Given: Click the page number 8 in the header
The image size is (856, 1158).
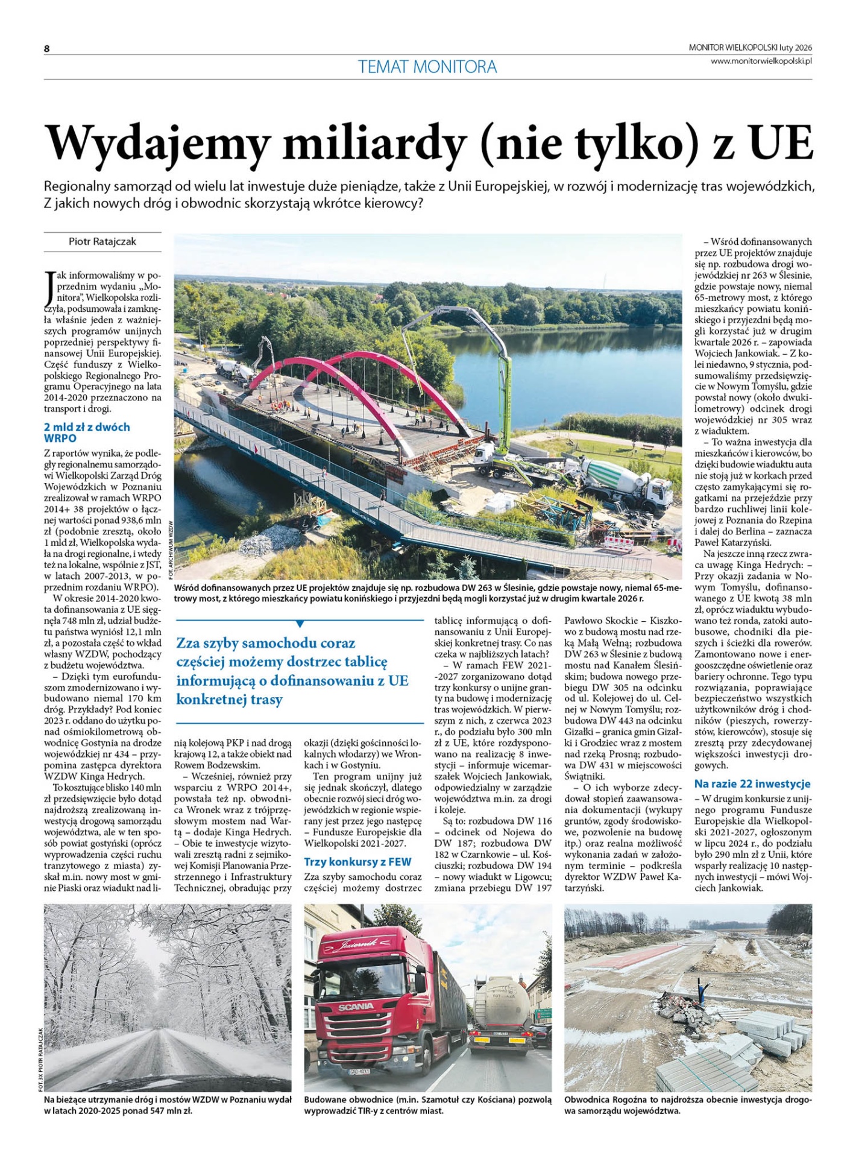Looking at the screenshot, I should tap(46, 49).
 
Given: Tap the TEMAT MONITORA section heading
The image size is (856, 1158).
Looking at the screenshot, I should tap(427, 66).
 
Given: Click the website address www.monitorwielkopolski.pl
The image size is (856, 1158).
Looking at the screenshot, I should tap(761, 61).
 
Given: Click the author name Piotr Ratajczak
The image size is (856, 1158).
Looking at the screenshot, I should tap(102, 241).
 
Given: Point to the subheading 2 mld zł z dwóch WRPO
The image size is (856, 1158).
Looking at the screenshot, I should tap(86, 432).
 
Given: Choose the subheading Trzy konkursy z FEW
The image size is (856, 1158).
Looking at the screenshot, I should tap(357, 862).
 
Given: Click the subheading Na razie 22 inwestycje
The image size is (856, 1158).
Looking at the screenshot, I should tap(752, 783).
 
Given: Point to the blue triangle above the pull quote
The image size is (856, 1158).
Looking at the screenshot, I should tap(300, 624).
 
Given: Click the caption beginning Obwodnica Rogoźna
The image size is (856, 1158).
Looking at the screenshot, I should tap(688, 1105).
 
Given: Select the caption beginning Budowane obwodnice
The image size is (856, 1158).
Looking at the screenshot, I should tap(427, 1105).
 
